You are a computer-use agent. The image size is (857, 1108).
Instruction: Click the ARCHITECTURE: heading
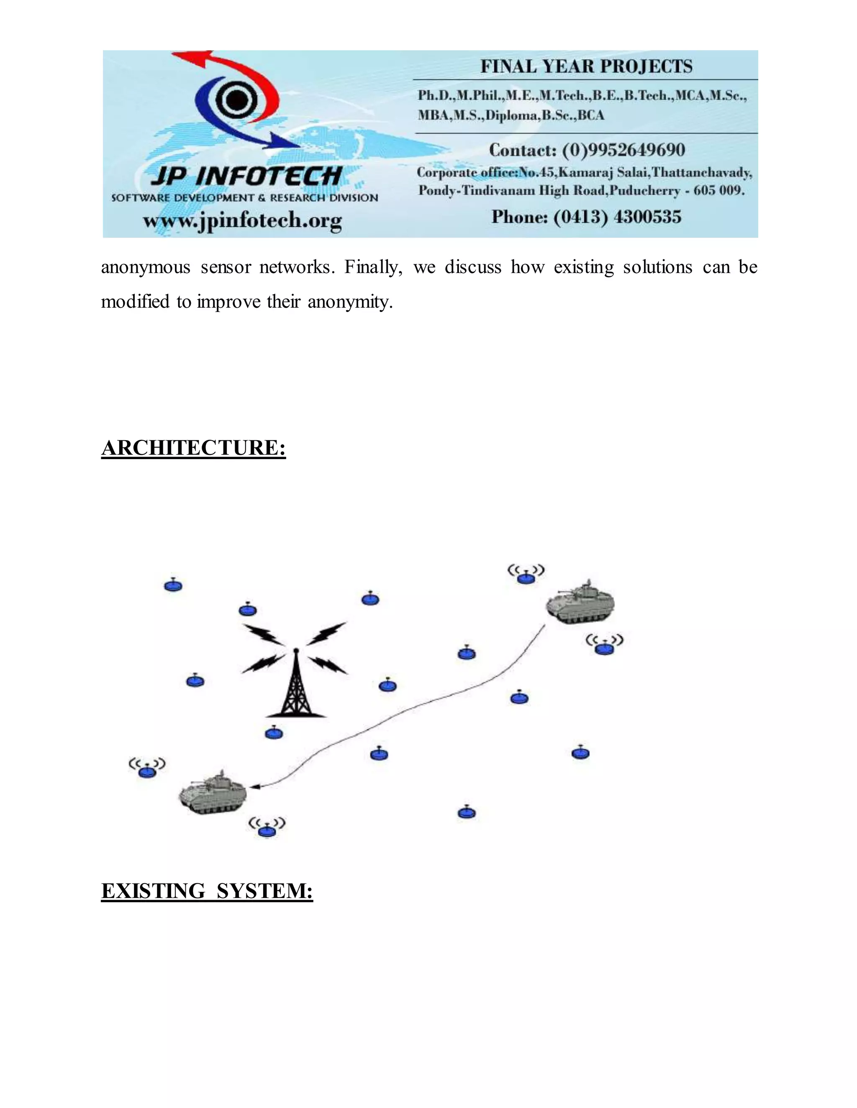[x=193, y=448]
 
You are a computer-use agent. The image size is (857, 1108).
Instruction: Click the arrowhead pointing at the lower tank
[x=255, y=787]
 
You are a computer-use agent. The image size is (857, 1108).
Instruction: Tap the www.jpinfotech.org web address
[x=242, y=221]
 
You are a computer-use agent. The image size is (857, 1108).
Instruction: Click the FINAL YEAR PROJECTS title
[x=586, y=66]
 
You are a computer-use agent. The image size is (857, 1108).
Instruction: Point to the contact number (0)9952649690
[x=624, y=150]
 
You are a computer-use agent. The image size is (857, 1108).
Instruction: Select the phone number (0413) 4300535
[x=617, y=217]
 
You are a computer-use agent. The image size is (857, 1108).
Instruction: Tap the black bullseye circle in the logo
[x=235, y=100]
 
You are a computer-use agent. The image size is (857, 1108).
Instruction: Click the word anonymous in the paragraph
[x=145, y=267]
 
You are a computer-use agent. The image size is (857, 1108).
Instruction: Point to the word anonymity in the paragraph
[x=350, y=302]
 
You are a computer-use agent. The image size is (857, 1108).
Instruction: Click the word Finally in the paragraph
[x=373, y=267]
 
